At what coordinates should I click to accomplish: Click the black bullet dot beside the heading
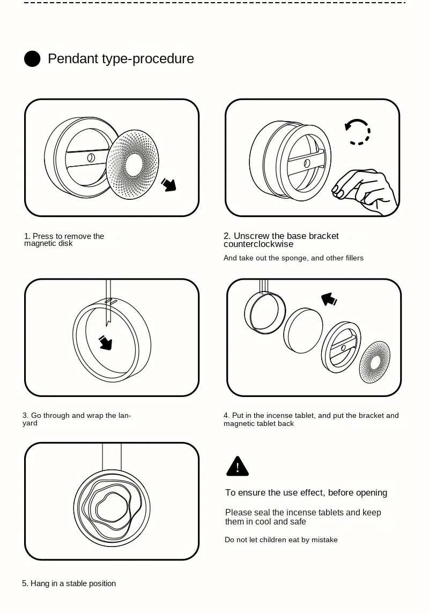[32, 59]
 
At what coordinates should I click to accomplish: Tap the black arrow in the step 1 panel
[169, 184]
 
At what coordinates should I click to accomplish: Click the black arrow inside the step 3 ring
[106, 342]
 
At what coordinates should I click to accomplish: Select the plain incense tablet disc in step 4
[303, 330]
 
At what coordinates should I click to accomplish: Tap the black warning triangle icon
[237, 466]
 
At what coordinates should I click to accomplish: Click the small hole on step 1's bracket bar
[91, 158]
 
